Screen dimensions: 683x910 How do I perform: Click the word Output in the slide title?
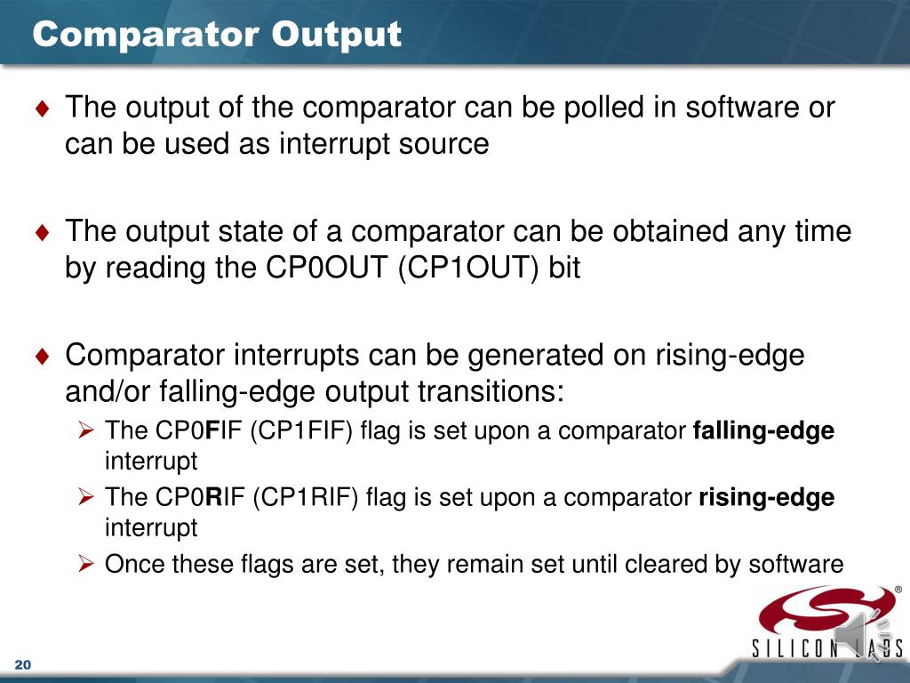[x=336, y=35]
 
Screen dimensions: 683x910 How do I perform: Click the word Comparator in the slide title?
[x=146, y=35]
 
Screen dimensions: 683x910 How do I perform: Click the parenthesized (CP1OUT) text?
[x=468, y=269]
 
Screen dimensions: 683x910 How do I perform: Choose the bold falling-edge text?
[x=763, y=431]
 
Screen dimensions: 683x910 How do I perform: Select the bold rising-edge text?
[x=767, y=497]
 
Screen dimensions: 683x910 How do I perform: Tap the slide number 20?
[x=23, y=667]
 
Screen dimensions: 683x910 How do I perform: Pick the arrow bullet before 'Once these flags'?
[x=86, y=564]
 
